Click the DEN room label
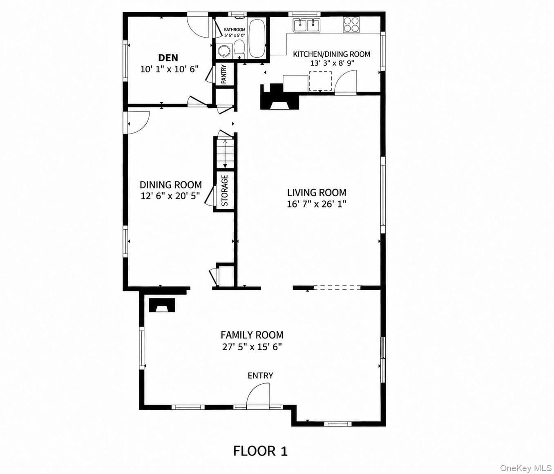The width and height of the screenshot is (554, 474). pos(168,58)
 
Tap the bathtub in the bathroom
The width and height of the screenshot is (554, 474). pos(257,38)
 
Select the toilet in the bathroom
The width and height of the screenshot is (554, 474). pos(239,49)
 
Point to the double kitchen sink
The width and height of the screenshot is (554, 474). pos(306,25)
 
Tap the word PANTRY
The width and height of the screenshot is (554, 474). pos(224,74)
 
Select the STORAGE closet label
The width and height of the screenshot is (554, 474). pos(225,190)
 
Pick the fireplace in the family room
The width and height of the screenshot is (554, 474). pos(162,305)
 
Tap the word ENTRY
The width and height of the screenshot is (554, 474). pos(260,376)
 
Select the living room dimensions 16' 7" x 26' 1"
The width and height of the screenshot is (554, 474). pos(317,204)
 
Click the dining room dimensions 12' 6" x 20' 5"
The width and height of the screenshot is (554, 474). pos(170,196)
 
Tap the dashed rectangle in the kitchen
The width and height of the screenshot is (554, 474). pos(320,81)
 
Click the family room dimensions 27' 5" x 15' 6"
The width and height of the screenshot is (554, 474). pos(252,347)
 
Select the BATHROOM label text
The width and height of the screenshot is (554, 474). pos(235,29)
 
